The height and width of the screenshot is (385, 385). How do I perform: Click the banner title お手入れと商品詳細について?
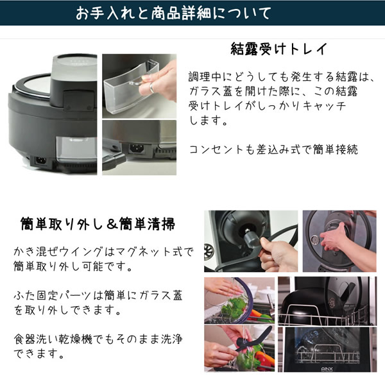pyautogui.click(x=173, y=13)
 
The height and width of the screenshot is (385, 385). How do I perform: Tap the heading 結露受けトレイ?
pyautogui.click(x=279, y=49)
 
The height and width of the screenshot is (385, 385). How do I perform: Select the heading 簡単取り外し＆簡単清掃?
pyautogui.click(x=98, y=224)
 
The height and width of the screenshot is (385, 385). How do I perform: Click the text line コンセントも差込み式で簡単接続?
pyautogui.click(x=273, y=150)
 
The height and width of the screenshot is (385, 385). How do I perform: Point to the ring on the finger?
pyautogui.click(x=152, y=88)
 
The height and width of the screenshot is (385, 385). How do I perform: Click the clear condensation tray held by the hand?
pyautogui.click(x=130, y=86)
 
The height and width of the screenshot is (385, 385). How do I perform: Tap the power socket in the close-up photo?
pyautogui.click(x=137, y=148)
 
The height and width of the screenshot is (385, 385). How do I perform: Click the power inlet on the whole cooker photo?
pyautogui.click(x=41, y=160)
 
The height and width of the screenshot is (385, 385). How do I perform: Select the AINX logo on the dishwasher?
pyautogui.click(x=327, y=369)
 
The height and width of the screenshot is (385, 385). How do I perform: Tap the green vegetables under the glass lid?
pyautogui.click(x=234, y=307)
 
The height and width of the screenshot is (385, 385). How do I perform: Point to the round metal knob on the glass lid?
pyautogui.click(x=315, y=239)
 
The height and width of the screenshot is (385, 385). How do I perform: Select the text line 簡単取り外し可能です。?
pyautogui.click(x=73, y=266)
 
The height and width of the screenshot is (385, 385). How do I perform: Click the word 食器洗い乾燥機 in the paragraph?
pyautogui.click(x=53, y=339)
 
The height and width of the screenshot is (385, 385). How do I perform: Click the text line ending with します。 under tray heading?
pyautogui.click(x=209, y=121)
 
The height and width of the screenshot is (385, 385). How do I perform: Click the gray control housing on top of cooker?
pyautogui.click(x=73, y=81)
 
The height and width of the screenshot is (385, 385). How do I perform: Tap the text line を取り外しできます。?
pyautogui.click(x=67, y=310)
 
